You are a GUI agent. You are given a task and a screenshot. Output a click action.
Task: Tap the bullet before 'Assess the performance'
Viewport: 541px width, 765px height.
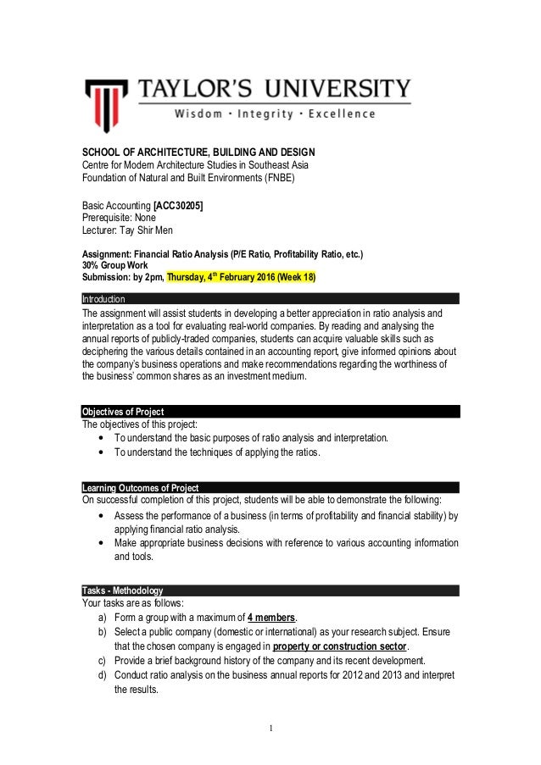103,516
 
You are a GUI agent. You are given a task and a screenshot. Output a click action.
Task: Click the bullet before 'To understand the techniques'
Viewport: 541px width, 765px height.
103,452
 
